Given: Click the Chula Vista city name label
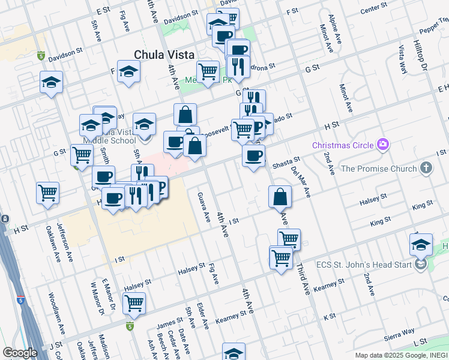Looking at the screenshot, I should coord(164,54).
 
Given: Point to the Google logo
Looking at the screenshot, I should coord(19,353).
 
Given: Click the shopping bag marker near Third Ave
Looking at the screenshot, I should coord(280,197).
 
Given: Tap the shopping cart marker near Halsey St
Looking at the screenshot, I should coord(134,303).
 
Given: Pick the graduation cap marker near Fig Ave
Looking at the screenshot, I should coord(128,73).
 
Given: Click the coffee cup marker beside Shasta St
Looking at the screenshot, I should coord(253,157).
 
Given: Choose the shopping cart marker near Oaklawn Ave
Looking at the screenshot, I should coord(47,193).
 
